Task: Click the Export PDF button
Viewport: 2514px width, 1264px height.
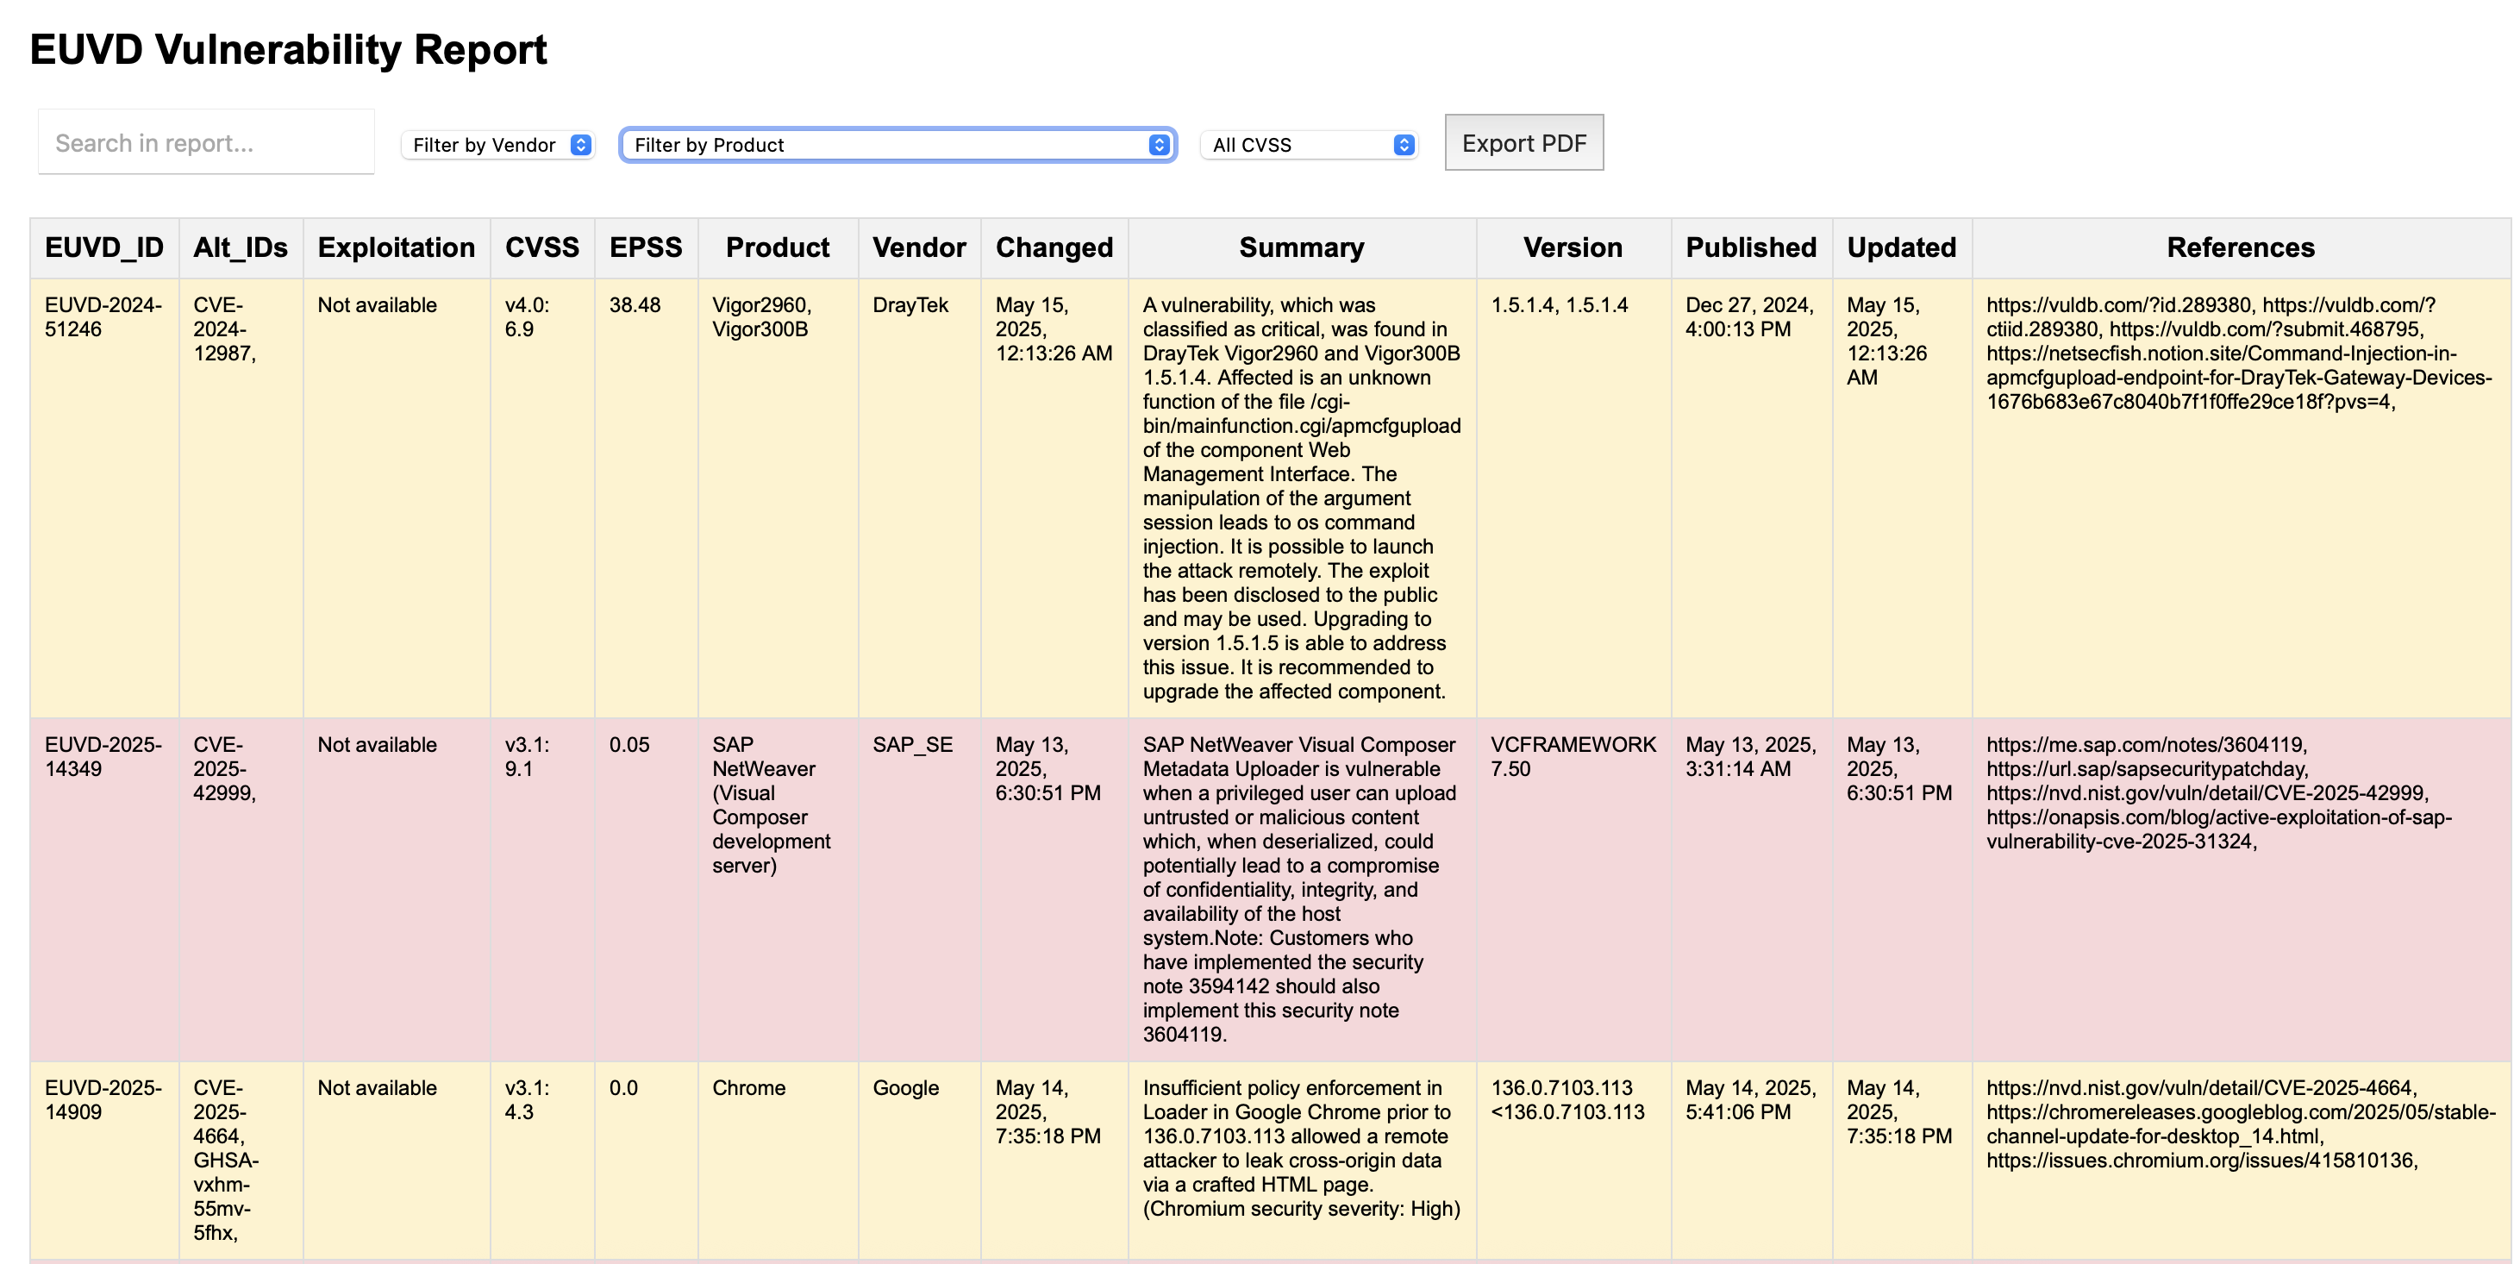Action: [x=1523, y=142]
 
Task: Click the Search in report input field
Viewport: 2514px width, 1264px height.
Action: [x=206, y=142]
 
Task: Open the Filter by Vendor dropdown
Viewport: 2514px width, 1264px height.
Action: [x=497, y=145]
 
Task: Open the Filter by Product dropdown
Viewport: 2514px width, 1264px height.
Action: [x=897, y=145]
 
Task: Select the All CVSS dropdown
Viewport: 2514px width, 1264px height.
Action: [x=1309, y=145]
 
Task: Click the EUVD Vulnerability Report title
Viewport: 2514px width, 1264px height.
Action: [x=288, y=50]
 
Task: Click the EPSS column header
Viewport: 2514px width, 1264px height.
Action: [x=645, y=248]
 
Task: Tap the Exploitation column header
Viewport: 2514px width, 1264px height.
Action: [x=397, y=248]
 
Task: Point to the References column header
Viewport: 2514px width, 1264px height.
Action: [x=2241, y=248]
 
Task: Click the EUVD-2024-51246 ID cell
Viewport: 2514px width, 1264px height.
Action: [x=103, y=317]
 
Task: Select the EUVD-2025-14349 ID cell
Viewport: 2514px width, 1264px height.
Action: [x=103, y=756]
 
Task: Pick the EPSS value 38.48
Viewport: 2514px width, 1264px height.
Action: [x=635, y=305]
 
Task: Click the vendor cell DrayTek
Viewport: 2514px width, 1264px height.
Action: [x=910, y=305]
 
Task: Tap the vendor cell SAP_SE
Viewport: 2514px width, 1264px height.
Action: [x=912, y=745]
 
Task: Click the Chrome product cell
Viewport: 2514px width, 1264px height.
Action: [x=748, y=1088]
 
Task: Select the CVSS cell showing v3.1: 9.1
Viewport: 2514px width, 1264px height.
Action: [x=527, y=756]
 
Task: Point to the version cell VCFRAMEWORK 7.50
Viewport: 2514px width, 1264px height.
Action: [x=1573, y=756]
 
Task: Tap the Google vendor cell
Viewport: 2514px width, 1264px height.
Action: [x=905, y=1088]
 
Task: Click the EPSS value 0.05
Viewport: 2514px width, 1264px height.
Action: [x=629, y=745]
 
